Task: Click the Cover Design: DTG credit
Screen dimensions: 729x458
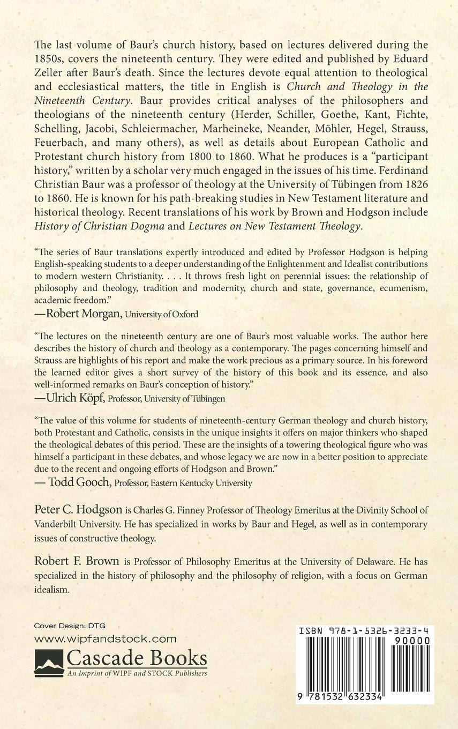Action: coord(70,626)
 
